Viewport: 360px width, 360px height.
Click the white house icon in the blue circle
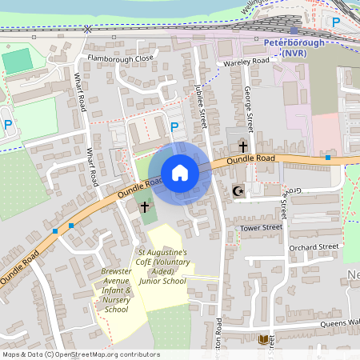pos(180,173)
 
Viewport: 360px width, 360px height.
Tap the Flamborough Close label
pos(121,58)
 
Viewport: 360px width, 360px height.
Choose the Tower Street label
pos(261,228)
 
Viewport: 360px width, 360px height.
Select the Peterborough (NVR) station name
pos(294,47)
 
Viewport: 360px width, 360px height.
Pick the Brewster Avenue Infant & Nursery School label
pos(116,290)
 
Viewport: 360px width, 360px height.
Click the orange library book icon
pos(264,339)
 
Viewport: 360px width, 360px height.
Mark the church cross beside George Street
pos(242,146)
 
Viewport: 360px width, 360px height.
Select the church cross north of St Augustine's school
pos(145,206)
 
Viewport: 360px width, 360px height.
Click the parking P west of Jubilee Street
pos(174,126)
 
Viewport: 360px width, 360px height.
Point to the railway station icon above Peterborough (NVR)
pos(294,30)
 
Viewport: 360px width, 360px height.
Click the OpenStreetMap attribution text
pos(81,354)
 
